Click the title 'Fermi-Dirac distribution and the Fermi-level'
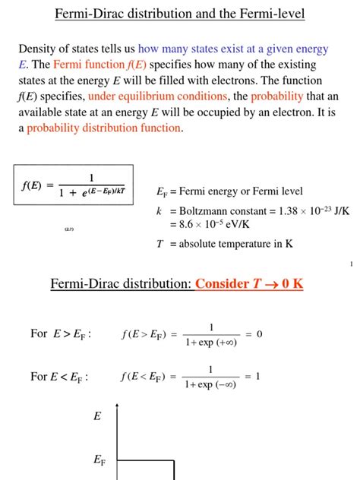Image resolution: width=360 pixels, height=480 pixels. tap(180, 14)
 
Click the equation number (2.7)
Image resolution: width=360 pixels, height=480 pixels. tap(68, 229)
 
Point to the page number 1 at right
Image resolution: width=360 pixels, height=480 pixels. tap(352, 264)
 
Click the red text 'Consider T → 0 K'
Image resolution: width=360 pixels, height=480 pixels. tap(249, 284)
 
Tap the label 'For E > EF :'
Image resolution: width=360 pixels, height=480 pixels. tap(61, 333)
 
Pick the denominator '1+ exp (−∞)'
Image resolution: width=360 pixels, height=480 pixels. tap(210, 384)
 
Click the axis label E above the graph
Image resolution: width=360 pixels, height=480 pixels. tap(97, 416)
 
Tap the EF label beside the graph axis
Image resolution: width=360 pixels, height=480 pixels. tap(99, 459)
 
